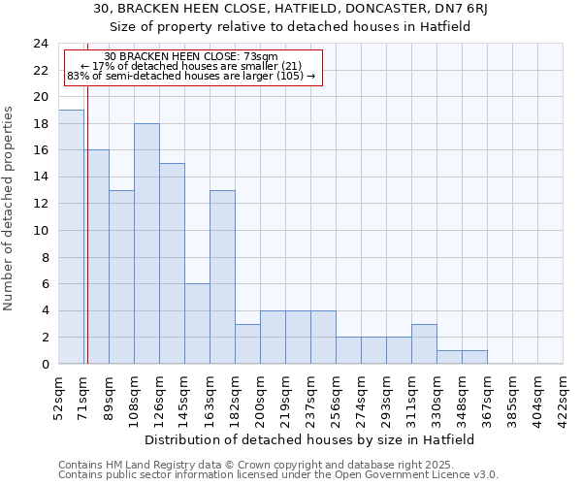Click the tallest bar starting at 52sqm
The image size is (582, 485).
[x=71, y=237]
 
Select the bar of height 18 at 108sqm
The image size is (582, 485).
[x=146, y=243]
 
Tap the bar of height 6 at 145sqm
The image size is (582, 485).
[x=197, y=324]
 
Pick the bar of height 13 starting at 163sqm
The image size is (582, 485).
[x=222, y=277]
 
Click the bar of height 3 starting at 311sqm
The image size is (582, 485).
[x=424, y=344]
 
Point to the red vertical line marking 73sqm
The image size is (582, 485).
[x=87, y=223]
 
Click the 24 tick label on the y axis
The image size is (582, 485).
[x=41, y=44]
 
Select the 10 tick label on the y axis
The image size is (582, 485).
[x=41, y=231]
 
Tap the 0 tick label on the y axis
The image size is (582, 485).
[x=45, y=365]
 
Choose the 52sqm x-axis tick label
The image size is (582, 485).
[x=59, y=396]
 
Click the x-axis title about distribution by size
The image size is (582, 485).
[x=310, y=439]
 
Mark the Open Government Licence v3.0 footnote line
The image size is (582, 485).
[x=278, y=475]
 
